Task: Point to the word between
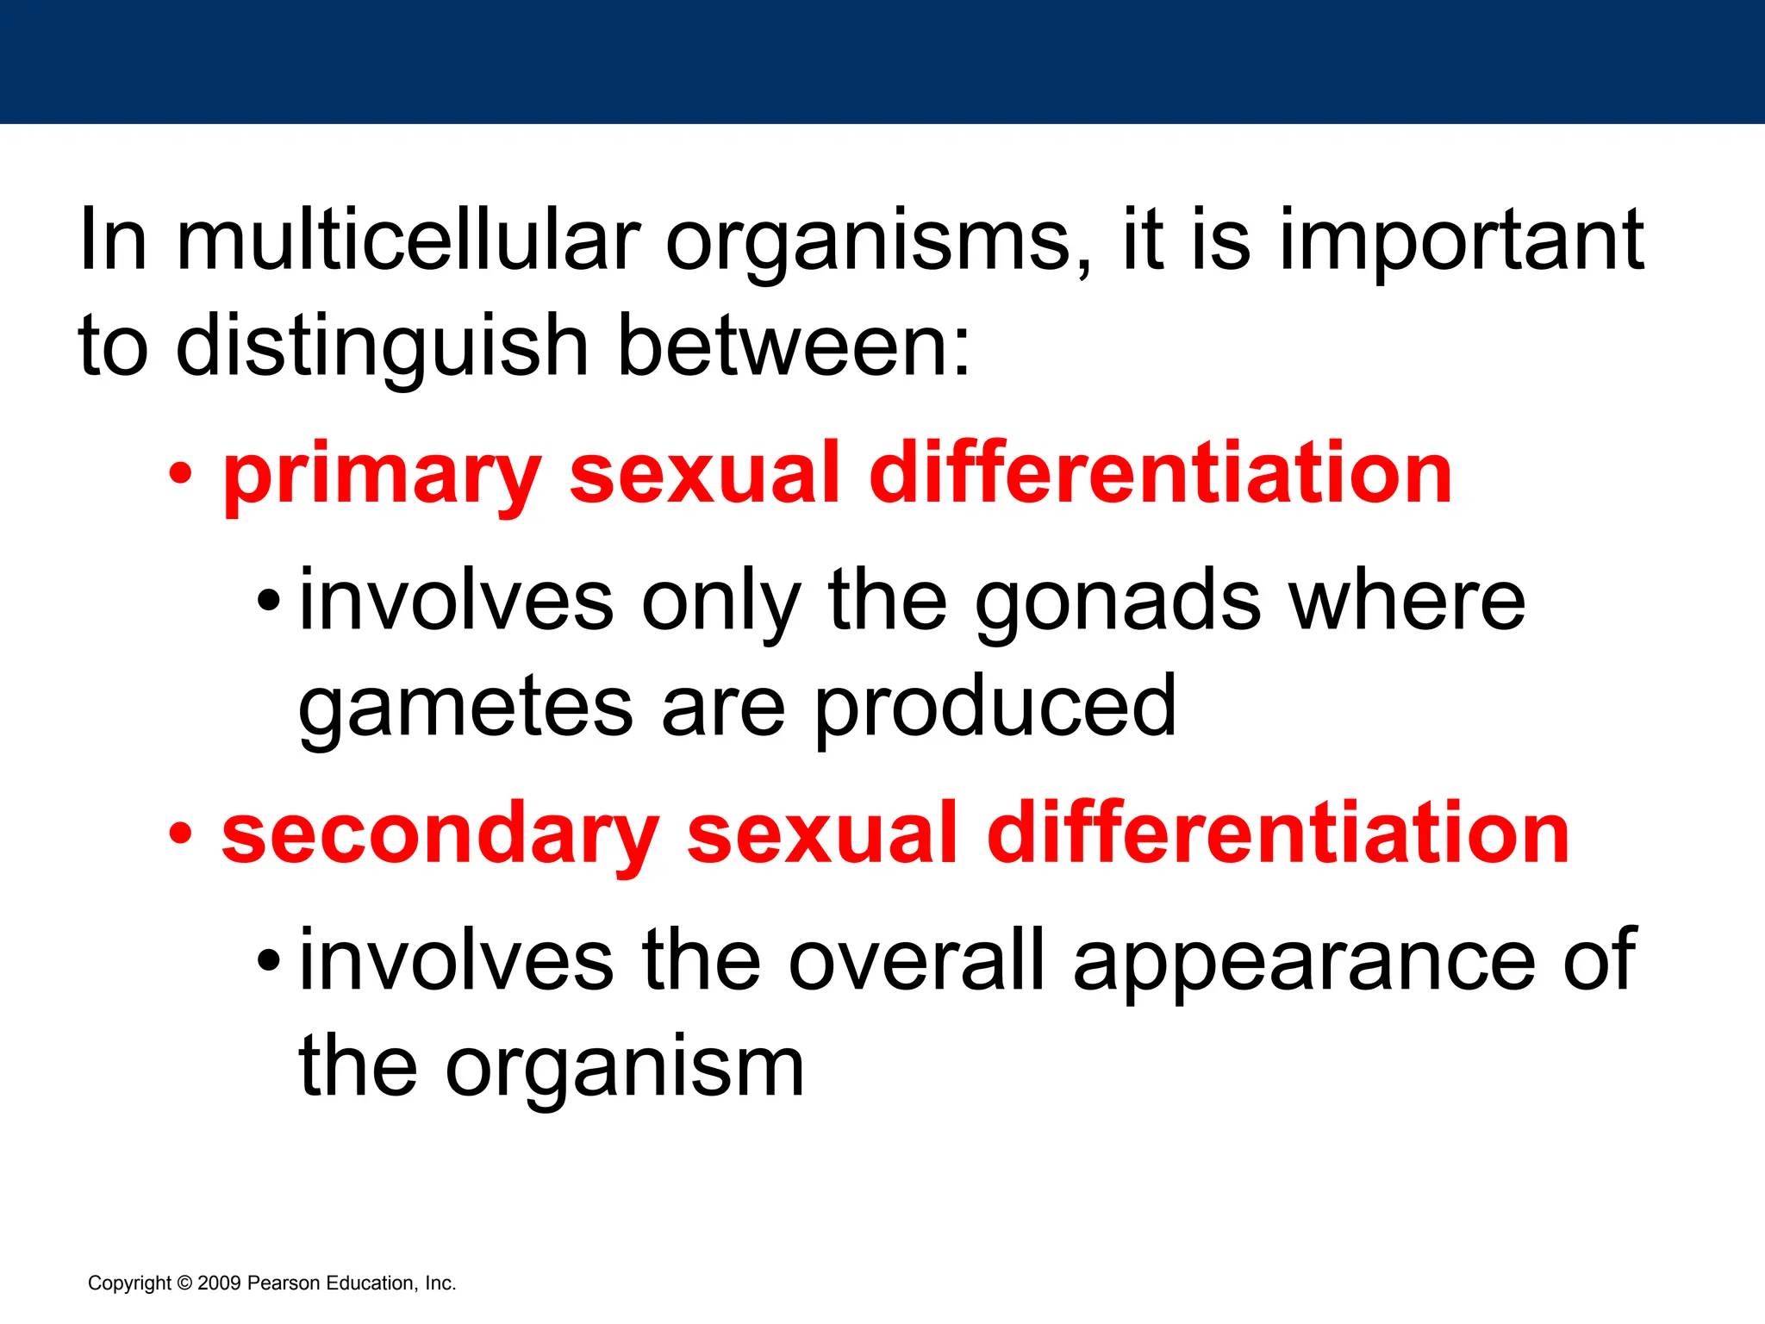[793, 346]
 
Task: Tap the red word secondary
[440, 835]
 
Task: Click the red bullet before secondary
[181, 834]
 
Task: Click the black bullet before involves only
[269, 601]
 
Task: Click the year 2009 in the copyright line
[219, 1283]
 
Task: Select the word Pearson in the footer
[284, 1283]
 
